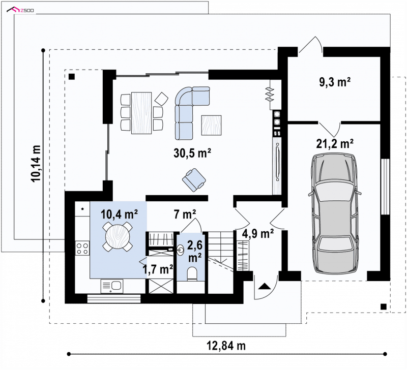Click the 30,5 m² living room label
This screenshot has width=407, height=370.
pyautogui.click(x=192, y=153)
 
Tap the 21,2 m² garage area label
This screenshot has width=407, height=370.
pyautogui.click(x=335, y=143)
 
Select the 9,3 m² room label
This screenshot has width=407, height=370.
pyautogui.click(x=335, y=82)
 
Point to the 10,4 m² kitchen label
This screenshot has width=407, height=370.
pyautogui.click(x=119, y=214)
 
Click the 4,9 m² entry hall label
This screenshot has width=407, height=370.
pyautogui.click(x=258, y=234)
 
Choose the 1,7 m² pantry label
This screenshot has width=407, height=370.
pyautogui.click(x=158, y=270)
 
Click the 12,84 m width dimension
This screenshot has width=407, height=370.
pyautogui.click(x=226, y=346)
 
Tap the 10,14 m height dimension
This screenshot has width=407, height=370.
pyautogui.click(x=36, y=163)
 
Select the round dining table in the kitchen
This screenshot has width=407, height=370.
pyautogui.click(x=118, y=237)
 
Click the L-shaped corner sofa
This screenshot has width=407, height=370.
pyautogui.click(x=189, y=112)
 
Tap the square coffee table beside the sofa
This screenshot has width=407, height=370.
pyautogui.click(x=212, y=125)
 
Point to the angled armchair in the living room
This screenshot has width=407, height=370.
pyautogui.click(x=194, y=180)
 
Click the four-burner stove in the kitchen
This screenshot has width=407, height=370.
pyautogui.click(x=82, y=248)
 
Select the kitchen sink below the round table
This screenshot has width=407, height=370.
pyautogui.click(x=112, y=286)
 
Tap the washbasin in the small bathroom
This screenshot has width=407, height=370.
pyautogui.click(x=181, y=250)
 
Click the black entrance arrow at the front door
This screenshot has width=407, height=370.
pyautogui.click(x=265, y=286)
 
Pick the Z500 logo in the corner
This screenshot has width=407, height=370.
pyautogui.click(x=20, y=10)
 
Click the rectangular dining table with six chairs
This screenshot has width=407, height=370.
pyautogui.click(x=141, y=113)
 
